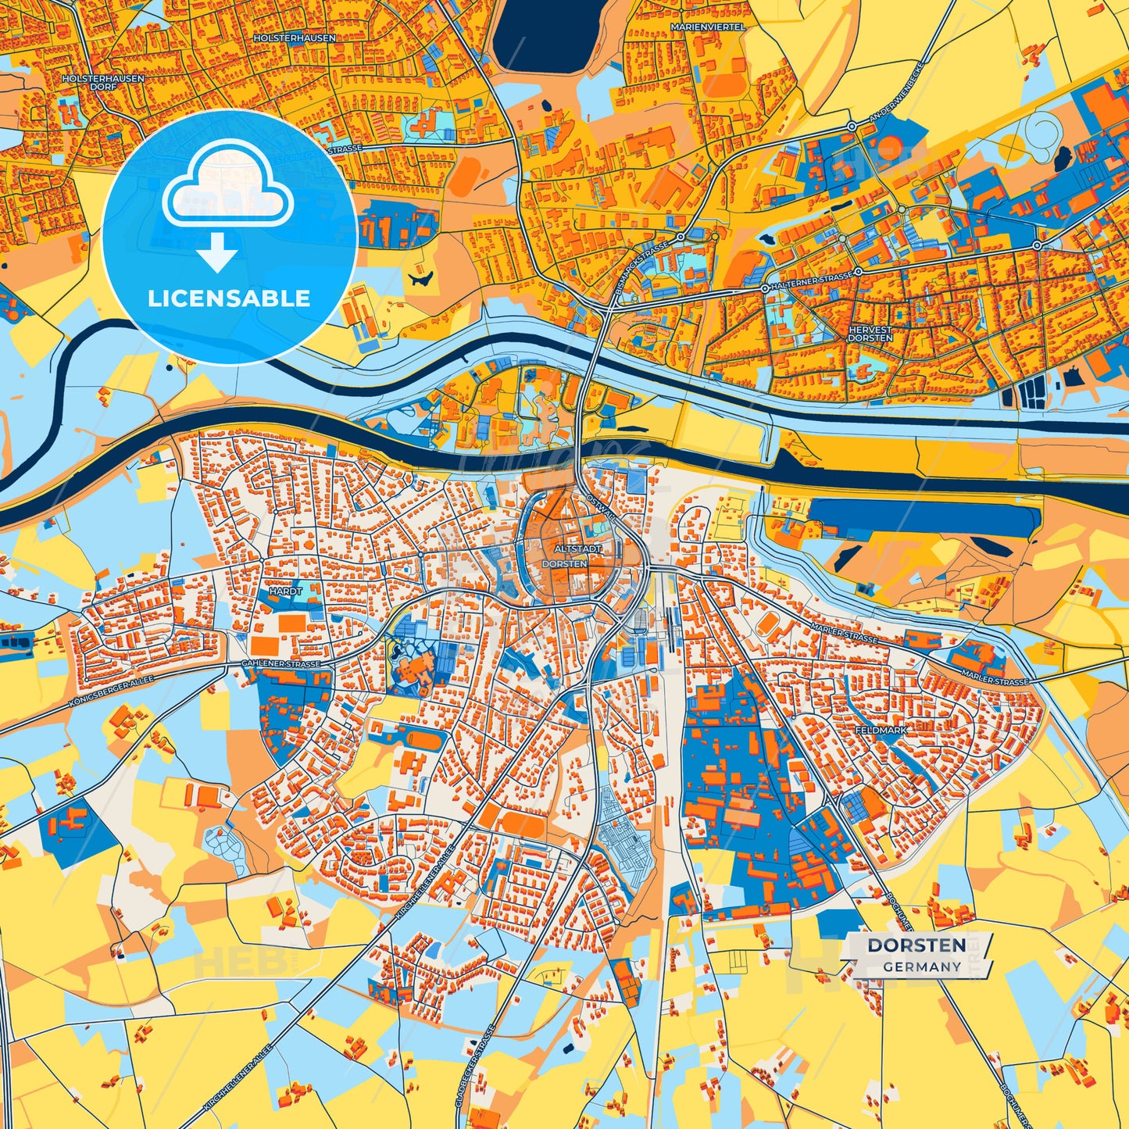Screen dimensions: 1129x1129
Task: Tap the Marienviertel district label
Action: [x=708, y=27]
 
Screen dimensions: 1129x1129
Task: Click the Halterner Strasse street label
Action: [x=812, y=279]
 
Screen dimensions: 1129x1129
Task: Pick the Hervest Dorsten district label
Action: [x=870, y=334]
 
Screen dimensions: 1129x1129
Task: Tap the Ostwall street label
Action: [x=601, y=506]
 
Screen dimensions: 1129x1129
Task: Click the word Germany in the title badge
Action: [x=922, y=966]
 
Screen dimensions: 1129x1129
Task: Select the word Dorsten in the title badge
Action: [x=916, y=945]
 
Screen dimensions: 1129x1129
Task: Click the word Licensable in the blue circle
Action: [x=229, y=298]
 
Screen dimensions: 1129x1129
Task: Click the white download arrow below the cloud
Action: [x=216, y=253]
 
